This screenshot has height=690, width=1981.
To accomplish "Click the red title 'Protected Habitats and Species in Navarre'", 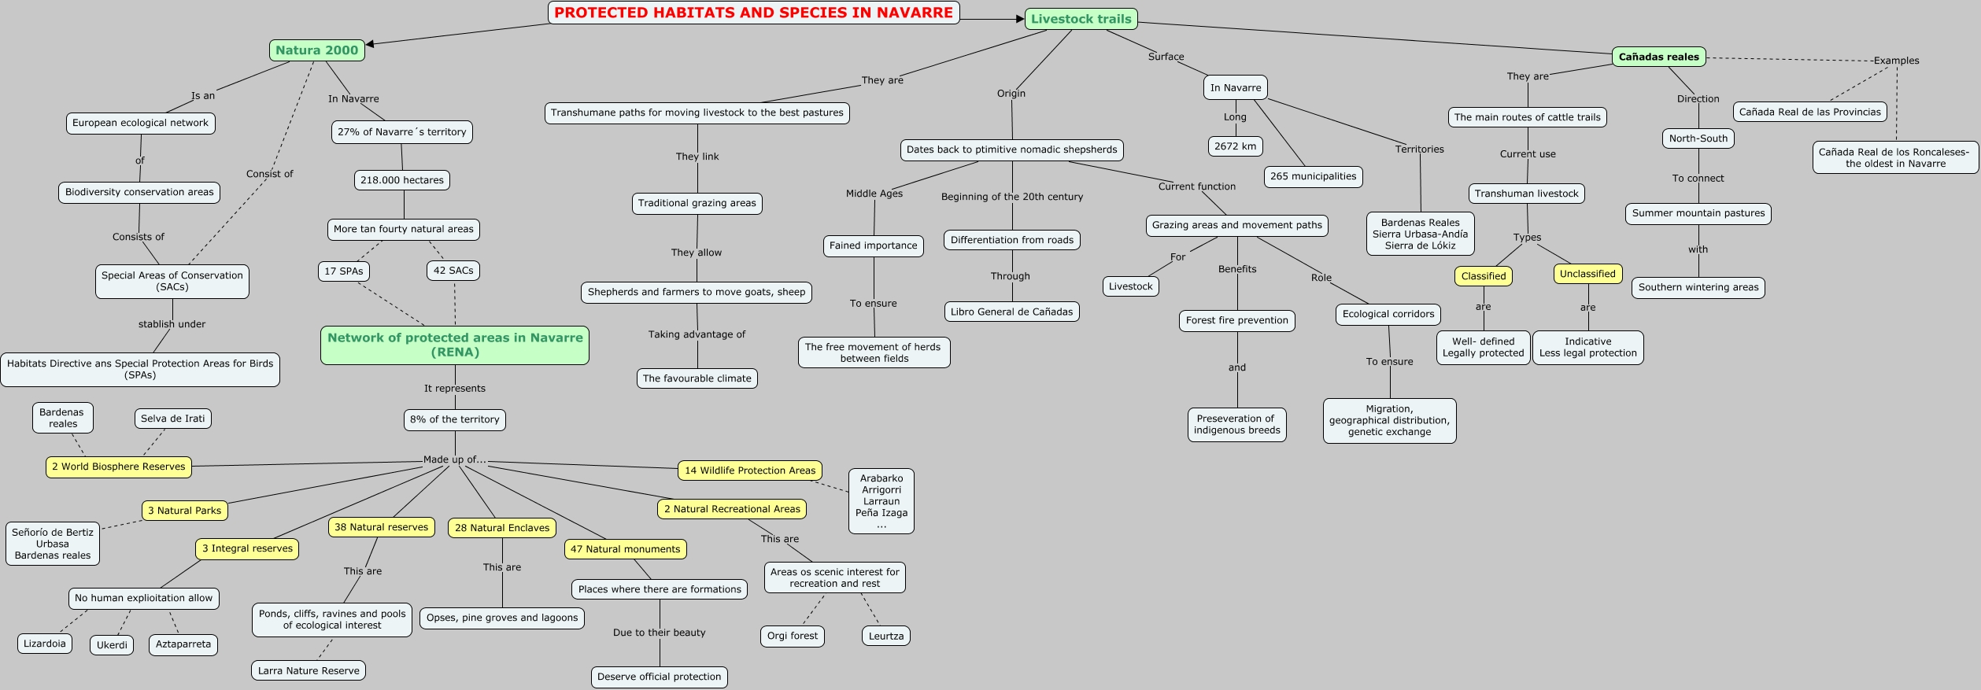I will (x=753, y=13).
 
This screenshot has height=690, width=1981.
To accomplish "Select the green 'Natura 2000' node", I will (x=316, y=50).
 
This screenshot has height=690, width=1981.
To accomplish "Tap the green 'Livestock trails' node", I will (x=1081, y=19).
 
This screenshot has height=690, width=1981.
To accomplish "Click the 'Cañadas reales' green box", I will (x=1658, y=57).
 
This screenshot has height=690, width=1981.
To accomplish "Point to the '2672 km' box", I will (x=1235, y=146).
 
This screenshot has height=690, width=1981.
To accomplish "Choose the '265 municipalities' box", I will (x=1313, y=176).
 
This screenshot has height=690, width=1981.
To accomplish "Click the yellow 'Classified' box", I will (x=1483, y=276).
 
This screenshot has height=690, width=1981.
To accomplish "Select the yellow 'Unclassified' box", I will (x=1587, y=274).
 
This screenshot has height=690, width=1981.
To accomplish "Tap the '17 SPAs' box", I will (x=343, y=271).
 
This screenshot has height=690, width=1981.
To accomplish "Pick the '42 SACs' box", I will (x=453, y=271).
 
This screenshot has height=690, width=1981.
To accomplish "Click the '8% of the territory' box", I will (x=454, y=419).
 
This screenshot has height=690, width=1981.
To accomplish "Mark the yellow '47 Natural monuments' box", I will (x=625, y=549).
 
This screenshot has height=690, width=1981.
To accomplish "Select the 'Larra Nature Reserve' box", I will (x=309, y=671).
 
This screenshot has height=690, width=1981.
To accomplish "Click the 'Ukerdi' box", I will (x=112, y=645).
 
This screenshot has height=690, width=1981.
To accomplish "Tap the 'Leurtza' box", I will (x=885, y=636).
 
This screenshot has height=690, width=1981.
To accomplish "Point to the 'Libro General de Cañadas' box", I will (x=1011, y=312).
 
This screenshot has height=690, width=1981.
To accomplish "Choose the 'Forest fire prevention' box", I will (x=1236, y=320).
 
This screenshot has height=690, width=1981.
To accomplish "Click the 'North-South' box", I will (x=1698, y=138).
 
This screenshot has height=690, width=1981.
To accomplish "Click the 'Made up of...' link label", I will (x=454, y=459).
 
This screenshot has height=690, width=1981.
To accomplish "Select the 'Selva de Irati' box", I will (x=172, y=419).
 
